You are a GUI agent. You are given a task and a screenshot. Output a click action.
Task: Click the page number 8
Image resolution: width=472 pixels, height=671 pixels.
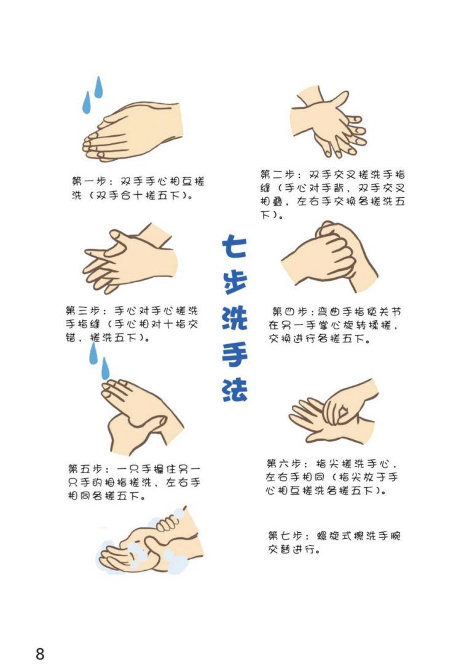tap(40, 653)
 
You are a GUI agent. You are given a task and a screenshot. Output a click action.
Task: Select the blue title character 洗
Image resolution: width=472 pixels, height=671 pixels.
tap(235, 318)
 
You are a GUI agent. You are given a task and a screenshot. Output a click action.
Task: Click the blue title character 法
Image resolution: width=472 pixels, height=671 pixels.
tap(235, 390)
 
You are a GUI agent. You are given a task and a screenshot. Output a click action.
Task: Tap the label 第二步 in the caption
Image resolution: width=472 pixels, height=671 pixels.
tap(277, 175)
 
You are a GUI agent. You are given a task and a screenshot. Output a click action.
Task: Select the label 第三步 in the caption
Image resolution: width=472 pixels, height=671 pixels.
tap(82, 310)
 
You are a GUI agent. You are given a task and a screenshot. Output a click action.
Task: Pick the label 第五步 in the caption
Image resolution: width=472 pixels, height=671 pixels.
tap(85, 469)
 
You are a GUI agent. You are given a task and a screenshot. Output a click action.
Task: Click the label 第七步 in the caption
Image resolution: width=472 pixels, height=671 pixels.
tap(285, 535)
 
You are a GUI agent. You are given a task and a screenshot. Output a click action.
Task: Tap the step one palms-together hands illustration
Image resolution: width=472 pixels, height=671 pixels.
tap(133, 132)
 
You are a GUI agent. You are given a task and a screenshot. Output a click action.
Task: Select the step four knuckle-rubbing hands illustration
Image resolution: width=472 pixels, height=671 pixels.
tap(329, 257)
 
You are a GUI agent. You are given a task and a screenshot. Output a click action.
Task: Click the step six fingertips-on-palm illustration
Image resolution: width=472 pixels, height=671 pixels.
tap(334, 412)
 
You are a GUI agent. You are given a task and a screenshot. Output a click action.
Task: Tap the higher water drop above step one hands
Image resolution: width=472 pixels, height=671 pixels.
tap(98, 87)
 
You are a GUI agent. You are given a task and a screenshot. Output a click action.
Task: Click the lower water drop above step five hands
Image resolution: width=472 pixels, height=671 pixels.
tap(105, 369)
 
